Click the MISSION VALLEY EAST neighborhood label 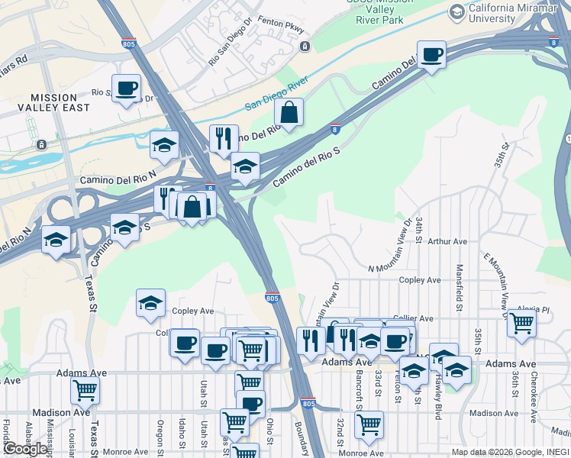click(53, 102)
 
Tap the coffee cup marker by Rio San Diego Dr click(127, 89)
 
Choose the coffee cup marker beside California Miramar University click(432, 55)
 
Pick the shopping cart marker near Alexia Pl click(522, 324)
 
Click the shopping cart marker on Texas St click(85, 391)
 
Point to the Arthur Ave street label click(447, 241)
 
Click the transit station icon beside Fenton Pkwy click(305, 47)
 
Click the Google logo click(25, 449)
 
